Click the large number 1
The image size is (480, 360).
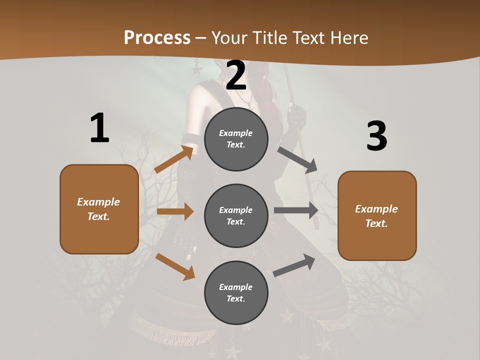(99, 128)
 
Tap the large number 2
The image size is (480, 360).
(236, 75)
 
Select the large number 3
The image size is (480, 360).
(377, 136)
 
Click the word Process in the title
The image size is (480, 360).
(157, 37)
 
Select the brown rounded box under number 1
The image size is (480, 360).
(99, 209)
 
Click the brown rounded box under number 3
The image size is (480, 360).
(377, 216)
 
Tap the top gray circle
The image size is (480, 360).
(236, 139)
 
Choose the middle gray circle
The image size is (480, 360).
(236, 216)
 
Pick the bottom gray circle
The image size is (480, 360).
(236, 293)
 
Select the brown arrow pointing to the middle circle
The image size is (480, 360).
(175, 211)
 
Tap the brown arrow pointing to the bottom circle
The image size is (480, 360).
(175, 266)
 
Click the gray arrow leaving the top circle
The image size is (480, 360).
(297, 159)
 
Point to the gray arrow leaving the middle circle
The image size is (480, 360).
(296, 210)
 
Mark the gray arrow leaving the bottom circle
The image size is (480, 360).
(294, 265)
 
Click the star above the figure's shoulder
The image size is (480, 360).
(196, 68)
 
